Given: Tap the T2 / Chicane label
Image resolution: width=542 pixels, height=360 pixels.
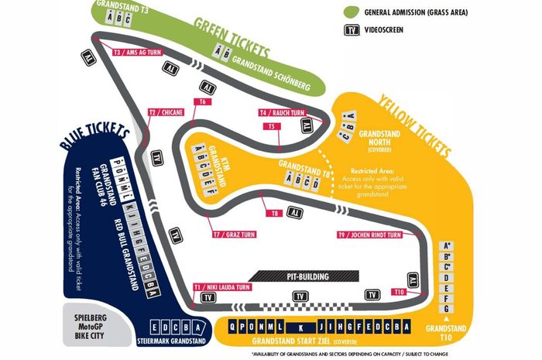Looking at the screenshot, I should [165, 112].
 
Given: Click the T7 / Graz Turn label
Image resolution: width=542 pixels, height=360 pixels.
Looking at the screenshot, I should [234, 233].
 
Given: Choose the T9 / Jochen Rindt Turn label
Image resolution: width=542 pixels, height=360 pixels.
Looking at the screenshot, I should [369, 235].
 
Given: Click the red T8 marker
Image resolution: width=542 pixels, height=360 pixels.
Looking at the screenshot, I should [273, 213].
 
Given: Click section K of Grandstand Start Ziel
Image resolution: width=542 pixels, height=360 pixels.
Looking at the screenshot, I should [303, 326].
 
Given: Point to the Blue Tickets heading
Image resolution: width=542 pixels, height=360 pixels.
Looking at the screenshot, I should [94, 139].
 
